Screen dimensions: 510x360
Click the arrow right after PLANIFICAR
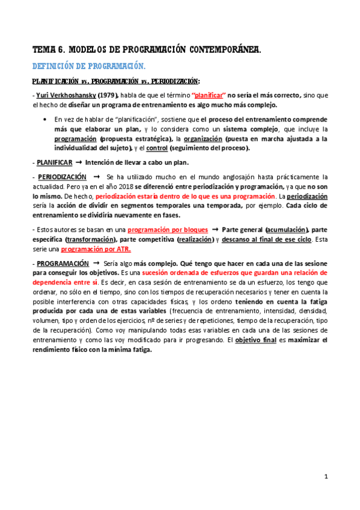78,162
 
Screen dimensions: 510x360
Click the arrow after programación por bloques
215,230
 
